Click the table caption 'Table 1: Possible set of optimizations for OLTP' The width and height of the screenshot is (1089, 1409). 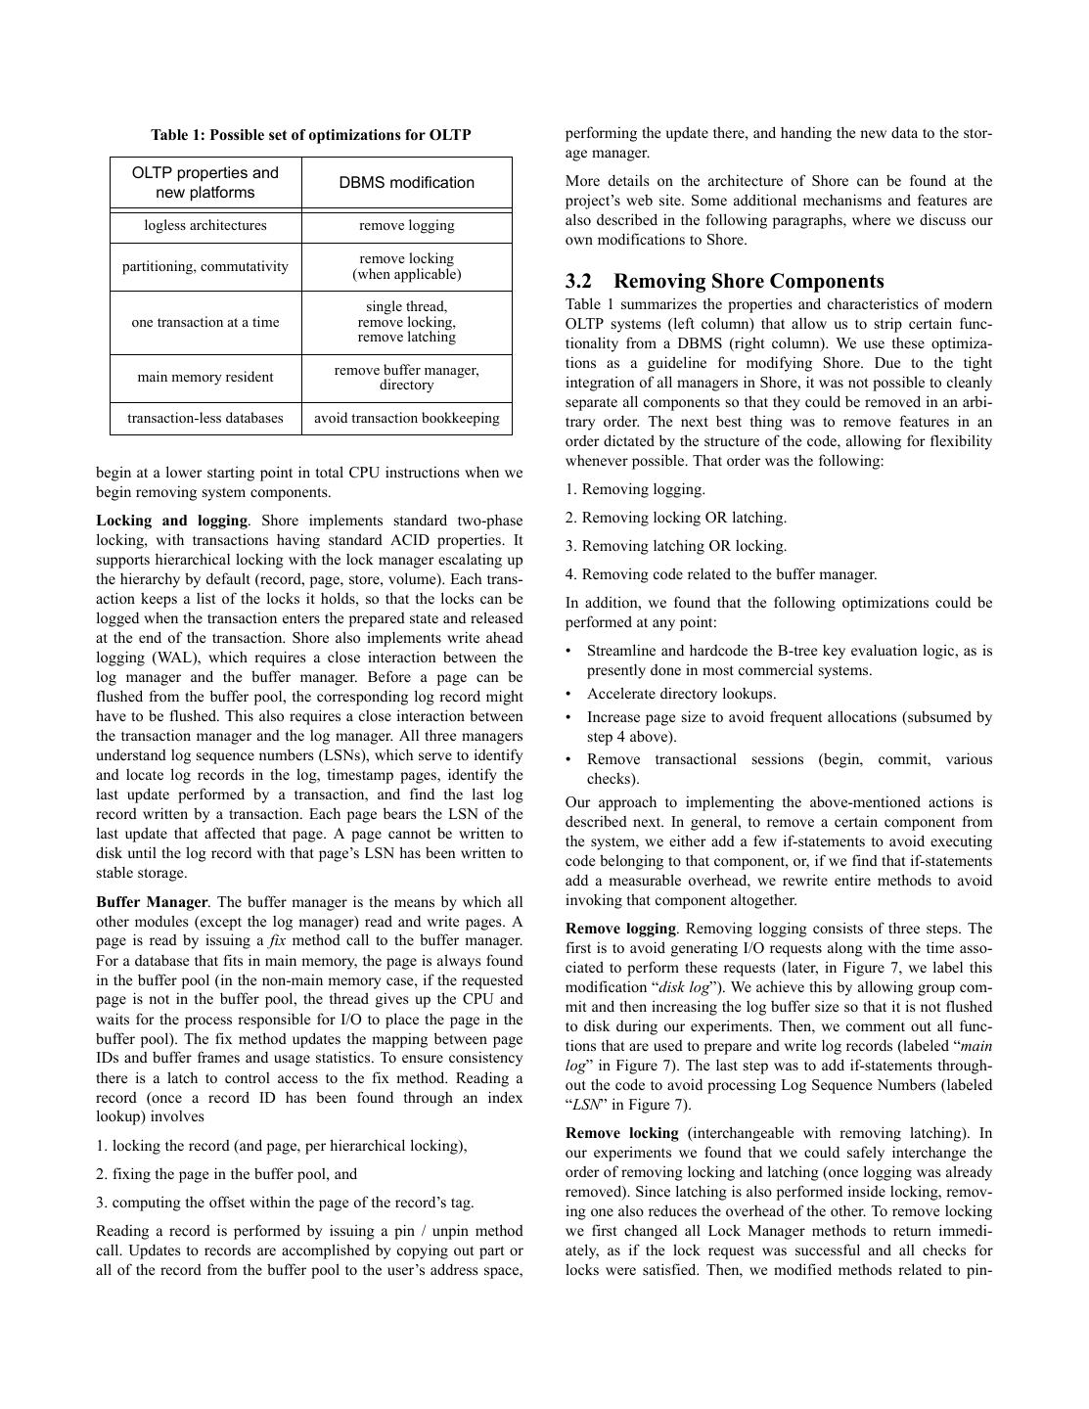310,135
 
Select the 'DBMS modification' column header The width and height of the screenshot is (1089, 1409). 406,183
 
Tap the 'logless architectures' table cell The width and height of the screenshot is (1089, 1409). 205,226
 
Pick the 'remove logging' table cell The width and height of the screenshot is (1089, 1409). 406,226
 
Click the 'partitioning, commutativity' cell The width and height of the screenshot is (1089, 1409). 205,266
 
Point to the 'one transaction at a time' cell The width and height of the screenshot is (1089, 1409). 205,322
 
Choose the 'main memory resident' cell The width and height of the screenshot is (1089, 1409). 205,377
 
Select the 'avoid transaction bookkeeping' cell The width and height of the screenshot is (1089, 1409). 406,418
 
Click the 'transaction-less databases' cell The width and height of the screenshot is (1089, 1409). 205,418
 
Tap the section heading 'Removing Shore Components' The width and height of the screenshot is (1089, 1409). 749,282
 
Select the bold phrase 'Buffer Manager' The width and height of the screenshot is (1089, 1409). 152,902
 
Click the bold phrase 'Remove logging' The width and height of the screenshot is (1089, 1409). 620,929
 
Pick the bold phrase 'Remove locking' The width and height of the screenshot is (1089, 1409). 621,1133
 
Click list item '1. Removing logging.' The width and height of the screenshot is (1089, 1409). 635,489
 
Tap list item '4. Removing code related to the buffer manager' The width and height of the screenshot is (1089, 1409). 720,574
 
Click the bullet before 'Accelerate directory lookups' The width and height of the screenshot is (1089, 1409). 569,694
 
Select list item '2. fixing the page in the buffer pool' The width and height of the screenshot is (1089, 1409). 226,1173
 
